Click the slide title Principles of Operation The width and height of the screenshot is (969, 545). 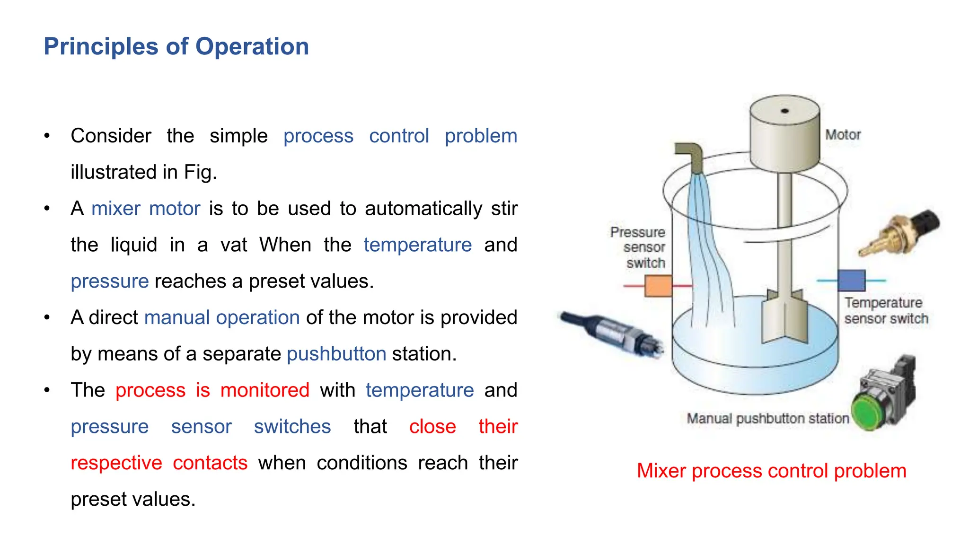coord(176,46)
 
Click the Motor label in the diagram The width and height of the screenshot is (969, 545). coord(843,135)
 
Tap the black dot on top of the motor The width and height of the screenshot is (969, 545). coord(784,111)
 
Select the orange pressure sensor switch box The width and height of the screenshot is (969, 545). coord(658,286)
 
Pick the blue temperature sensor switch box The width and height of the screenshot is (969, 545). coord(851,281)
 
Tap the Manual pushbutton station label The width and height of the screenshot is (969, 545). coord(767,419)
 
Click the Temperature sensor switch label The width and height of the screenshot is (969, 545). coord(885,311)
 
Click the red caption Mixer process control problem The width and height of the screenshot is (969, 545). coord(771,471)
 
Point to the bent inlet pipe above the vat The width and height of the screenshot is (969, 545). coord(690,156)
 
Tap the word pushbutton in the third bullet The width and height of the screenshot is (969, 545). coord(336,354)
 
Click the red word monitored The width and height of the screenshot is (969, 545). coord(264,390)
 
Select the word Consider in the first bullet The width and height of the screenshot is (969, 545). coord(111,136)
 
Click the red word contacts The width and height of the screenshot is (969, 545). coord(210,463)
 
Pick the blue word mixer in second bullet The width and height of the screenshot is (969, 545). coord(116,209)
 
